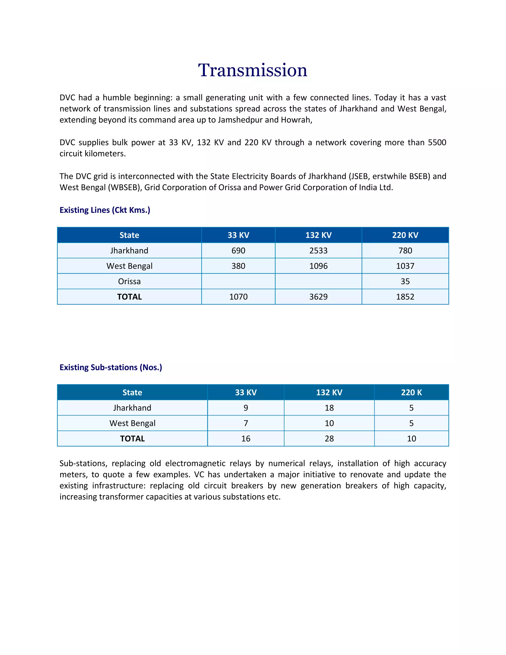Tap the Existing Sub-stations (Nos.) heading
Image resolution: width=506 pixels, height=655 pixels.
click(111, 367)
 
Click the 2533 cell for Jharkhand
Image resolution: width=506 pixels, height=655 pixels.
click(318, 250)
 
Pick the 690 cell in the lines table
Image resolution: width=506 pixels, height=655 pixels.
click(238, 250)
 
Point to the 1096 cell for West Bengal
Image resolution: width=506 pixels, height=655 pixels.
click(318, 266)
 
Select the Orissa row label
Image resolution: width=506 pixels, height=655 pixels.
click(129, 281)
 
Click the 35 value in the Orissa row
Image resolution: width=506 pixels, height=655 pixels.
click(405, 281)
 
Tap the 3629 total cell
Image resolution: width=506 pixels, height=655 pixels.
click(318, 297)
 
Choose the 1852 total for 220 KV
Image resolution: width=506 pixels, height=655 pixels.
click(405, 297)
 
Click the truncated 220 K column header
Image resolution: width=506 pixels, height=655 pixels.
click(411, 393)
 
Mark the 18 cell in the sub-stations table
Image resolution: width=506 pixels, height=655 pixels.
click(329, 408)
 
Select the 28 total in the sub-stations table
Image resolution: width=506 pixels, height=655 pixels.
click(329, 439)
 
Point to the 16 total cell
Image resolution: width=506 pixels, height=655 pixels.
click(246, 439)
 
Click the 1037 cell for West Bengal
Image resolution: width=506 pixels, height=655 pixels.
click(405, 266)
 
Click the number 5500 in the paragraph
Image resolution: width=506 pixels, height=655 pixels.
click(437, 142)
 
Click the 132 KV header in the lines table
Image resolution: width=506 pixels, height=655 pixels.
click(318, 235)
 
